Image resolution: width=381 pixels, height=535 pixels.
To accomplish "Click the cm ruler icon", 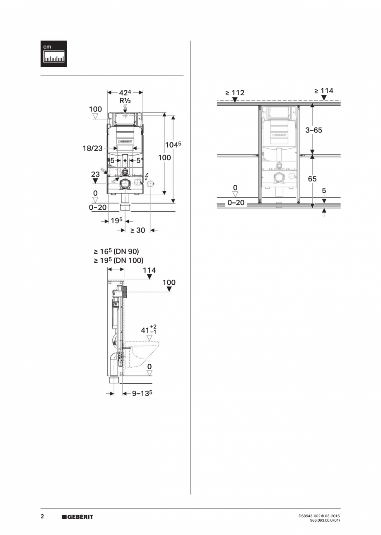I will pos(54,54).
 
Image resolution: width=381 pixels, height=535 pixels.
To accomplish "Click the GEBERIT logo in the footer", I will pos(77,517).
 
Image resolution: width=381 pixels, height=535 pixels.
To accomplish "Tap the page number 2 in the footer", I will pos(42,516).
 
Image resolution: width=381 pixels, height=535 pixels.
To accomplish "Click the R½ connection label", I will pos(125,100).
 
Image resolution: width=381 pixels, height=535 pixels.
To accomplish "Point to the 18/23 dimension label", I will pos(92,148).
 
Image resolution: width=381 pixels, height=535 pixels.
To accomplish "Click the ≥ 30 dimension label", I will pos(138,230).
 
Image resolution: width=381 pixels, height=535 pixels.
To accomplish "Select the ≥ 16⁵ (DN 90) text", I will pos(116,251).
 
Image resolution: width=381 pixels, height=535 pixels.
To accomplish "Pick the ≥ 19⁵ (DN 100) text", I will pos(118,260).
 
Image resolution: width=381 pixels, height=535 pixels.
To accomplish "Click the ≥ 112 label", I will pos(235,93).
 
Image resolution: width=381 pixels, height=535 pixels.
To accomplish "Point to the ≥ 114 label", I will pos(323,91).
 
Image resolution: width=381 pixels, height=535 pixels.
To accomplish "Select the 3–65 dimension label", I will pos(313,130).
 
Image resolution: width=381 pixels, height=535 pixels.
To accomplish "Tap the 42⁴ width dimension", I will pos(125,92).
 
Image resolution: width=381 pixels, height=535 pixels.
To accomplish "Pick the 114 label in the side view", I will pos(149,270).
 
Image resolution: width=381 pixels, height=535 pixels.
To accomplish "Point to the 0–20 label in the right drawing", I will pos(236,203).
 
